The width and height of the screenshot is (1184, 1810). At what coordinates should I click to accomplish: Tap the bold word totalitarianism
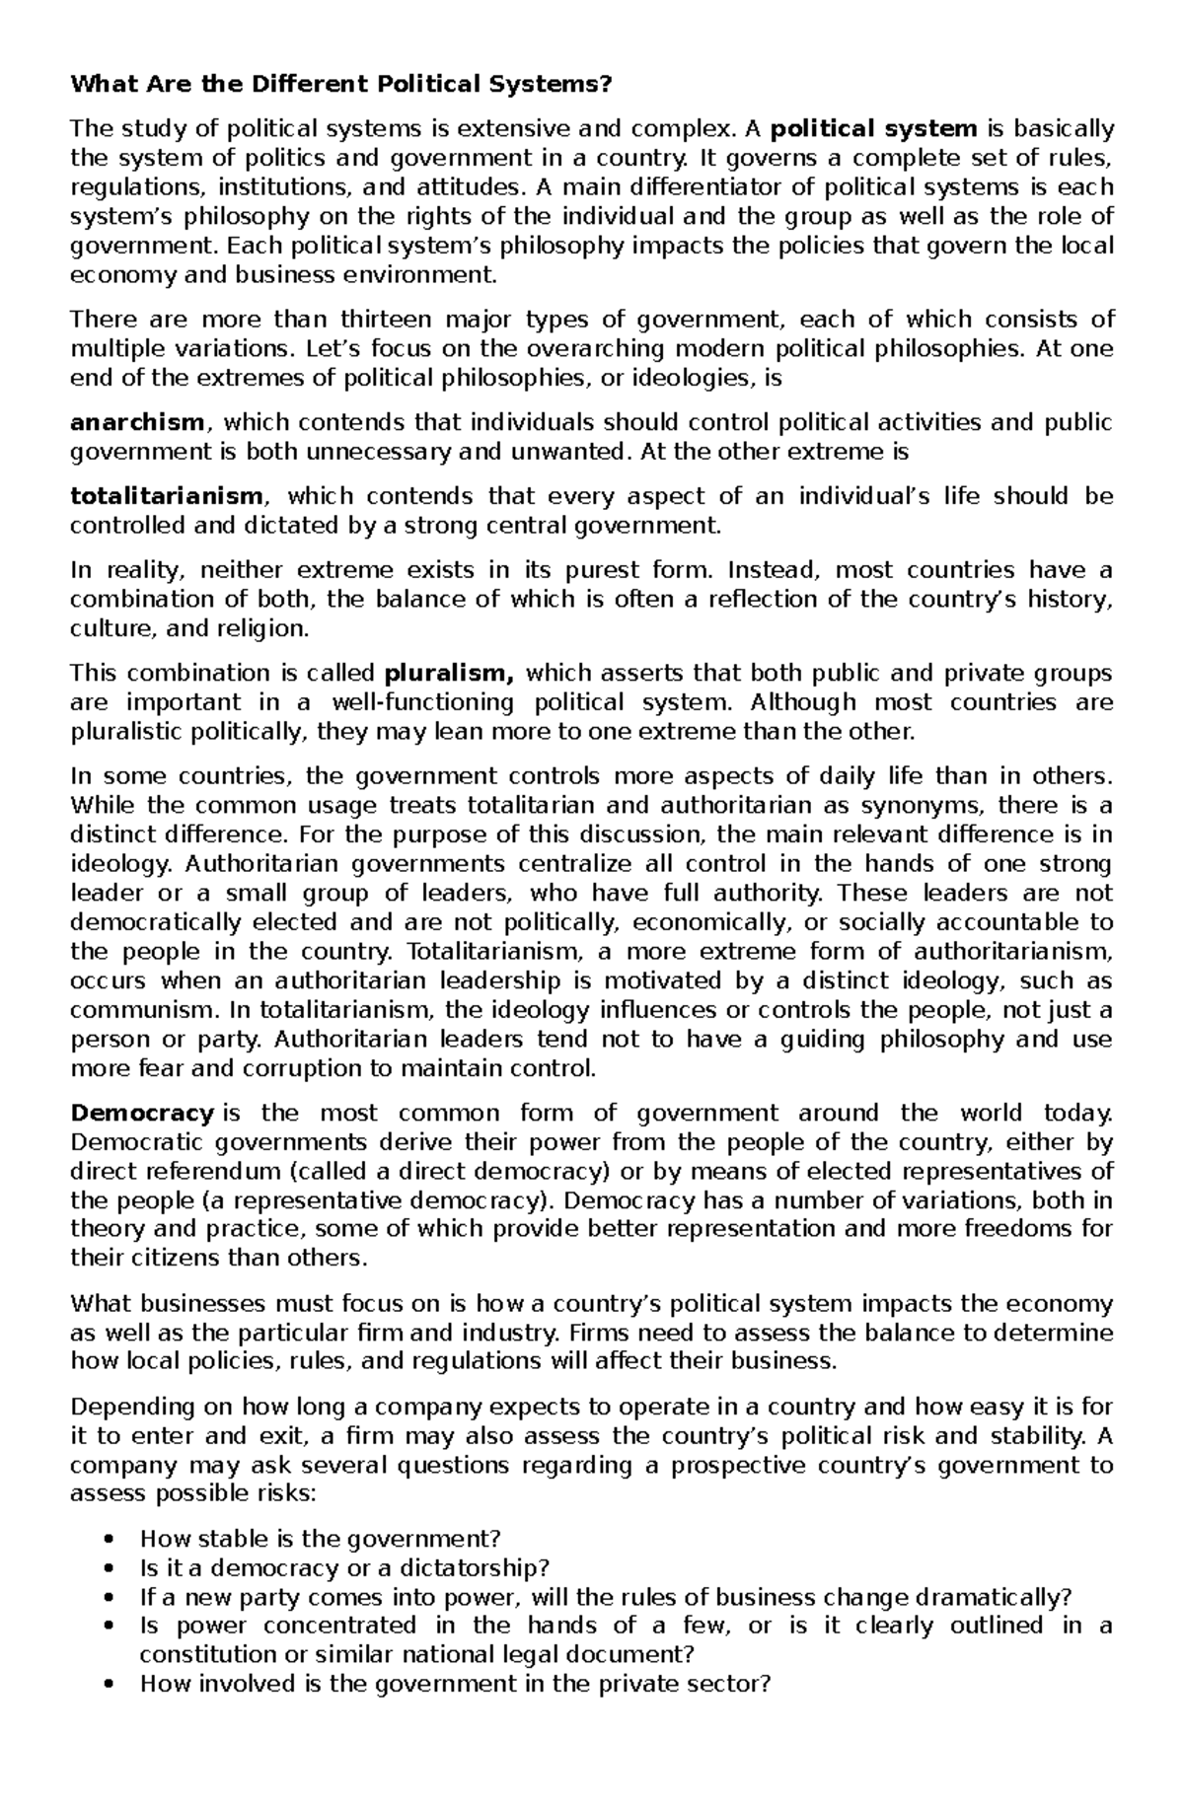coord(167,496)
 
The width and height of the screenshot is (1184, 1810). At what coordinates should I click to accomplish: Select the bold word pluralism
coord(449,674)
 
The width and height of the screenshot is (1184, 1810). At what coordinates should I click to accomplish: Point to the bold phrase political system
coord(873,129)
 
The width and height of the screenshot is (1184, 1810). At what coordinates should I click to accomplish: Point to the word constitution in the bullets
coord(203,1654)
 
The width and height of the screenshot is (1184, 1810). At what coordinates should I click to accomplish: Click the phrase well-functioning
coord(422,703)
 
